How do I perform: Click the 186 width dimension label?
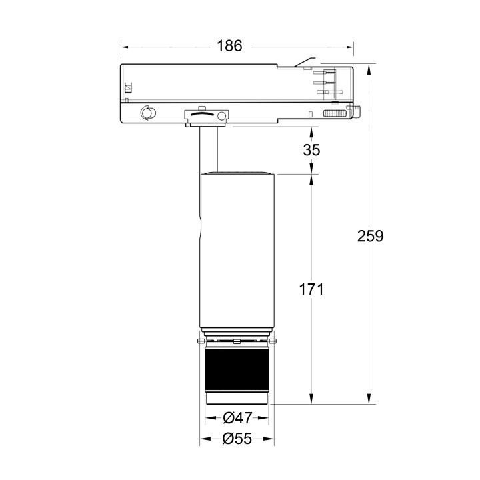(229, 46)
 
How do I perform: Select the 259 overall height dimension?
(370, 235)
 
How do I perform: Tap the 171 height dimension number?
(311, 289)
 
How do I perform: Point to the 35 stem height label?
(311, 150)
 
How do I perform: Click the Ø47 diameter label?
(237, 418)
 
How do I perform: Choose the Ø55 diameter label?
(237, 439)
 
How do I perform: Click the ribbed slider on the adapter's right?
(336, 113)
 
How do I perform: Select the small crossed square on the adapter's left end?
(129, 87)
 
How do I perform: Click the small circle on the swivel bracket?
(220, 116)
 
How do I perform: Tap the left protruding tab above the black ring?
(200, 342)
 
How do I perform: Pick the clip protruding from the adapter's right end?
(357, 112)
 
